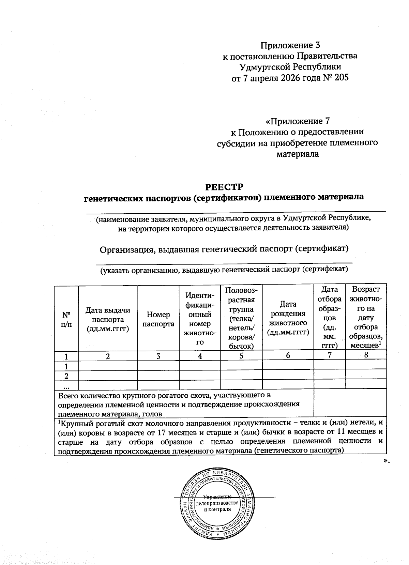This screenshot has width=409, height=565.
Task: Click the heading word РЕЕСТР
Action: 224,187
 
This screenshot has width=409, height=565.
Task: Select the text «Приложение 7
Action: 297,121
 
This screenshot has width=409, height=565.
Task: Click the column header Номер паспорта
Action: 158,319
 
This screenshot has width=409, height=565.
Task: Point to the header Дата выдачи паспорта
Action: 108,319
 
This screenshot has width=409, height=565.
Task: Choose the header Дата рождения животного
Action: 288,318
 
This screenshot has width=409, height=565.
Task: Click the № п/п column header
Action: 66,319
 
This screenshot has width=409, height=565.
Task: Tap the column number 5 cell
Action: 241,356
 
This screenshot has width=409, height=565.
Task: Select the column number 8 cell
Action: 366,354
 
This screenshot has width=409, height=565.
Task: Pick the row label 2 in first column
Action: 66,376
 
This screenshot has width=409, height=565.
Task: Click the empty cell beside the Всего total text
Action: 350,404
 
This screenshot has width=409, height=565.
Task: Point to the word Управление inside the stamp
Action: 217,497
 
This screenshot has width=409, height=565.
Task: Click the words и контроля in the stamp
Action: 217,509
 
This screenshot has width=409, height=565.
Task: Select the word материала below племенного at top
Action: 297,154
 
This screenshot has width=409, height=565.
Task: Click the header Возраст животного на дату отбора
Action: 366,317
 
